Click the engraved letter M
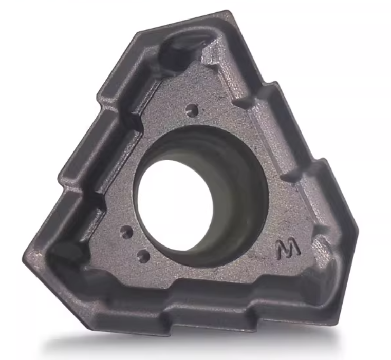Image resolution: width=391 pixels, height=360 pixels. tap(288, 250)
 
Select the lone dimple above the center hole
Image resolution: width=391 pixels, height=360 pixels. tap(192, 109)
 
